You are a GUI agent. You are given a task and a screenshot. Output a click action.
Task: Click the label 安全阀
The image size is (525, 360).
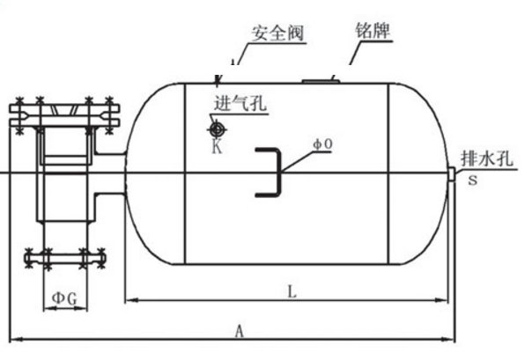pos(277,33)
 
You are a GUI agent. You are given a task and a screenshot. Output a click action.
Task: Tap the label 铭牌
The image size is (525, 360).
pos(373,31)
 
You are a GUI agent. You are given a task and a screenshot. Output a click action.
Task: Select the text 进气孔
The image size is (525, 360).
pos(240,103)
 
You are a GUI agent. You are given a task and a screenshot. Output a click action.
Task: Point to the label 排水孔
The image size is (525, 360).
pos(487,158)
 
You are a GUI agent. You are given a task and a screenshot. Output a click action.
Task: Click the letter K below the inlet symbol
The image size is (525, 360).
pos(217,146)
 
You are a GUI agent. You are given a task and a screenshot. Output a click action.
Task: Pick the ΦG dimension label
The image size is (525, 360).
pos(64,298)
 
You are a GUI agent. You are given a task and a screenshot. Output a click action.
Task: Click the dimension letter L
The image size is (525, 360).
pos(292,291)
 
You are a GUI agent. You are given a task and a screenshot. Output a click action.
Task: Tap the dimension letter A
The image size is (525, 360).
pos(239,331)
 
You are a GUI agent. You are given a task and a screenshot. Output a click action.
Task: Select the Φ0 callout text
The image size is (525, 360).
pos(322,144)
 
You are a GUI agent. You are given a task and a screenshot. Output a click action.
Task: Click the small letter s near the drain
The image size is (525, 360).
pos(472,180)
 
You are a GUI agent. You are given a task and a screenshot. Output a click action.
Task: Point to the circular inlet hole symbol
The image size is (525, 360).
pos(217,129)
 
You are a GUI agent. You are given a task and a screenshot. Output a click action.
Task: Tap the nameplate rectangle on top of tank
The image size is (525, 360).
pos(321,81)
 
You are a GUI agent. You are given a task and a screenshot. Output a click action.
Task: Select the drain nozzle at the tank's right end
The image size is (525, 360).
pos(452,174)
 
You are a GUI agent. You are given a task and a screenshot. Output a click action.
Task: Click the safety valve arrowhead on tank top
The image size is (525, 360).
pos(218,79)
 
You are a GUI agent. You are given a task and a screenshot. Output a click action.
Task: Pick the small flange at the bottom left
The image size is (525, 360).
pos(65,259)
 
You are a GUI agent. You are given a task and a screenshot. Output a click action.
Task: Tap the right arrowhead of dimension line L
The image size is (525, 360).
pos(441,300)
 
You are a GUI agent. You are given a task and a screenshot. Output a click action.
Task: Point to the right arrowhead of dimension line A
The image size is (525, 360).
pos(448,339)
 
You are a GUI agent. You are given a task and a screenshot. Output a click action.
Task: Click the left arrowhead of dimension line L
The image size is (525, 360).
pos(131,300)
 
